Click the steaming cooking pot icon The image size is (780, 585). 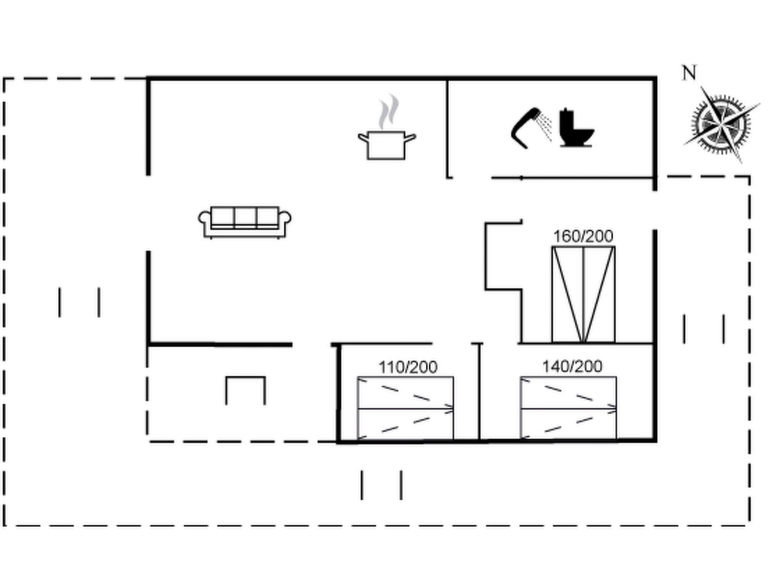[386, 145]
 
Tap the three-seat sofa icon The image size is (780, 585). [245, 222]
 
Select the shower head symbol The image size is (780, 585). [526, 128]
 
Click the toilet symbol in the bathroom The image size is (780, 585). [575, 128]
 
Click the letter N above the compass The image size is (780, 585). [689, 73]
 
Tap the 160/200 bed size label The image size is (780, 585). [583, 237]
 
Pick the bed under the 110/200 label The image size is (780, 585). [405, 408]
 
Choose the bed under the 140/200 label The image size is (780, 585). [568, 408]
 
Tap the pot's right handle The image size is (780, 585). [410, 138]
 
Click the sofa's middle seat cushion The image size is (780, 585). [245, 217]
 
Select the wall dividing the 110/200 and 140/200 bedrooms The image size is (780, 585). [479, 392]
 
